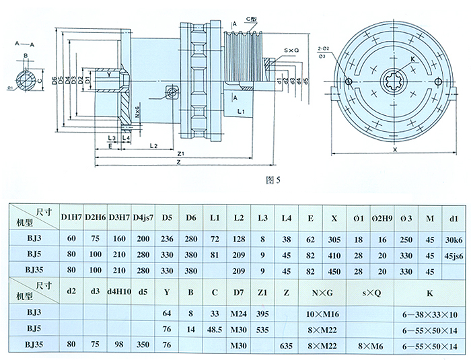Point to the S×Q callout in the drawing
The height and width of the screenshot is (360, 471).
(x=291, y=50)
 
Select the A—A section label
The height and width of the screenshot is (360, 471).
(x=24, y=43)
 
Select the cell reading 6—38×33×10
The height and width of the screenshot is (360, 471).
(x=430, y=313)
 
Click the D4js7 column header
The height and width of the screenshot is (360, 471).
(x=143, y=217)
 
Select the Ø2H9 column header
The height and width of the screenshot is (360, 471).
(x=382, y=217)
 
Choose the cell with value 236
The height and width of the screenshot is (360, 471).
(x=168, y=238)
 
